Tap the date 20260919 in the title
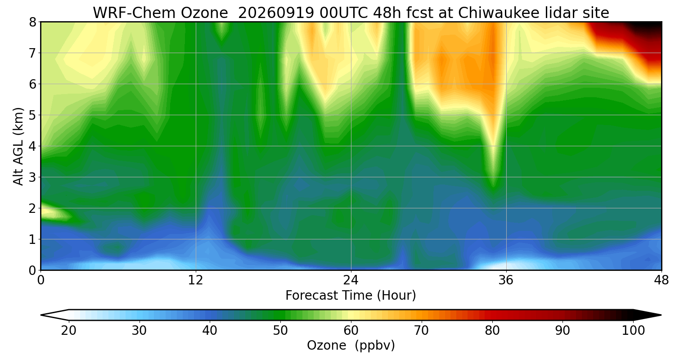pos(276,13)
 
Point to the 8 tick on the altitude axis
pos(32,22)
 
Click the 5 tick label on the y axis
pos(32,115)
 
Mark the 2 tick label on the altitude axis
pos(32,208)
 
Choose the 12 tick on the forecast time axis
pos(196,280)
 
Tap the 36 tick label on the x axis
pos(506,280)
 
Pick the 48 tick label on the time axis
pos(661,280)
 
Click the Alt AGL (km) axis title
pos(18,146)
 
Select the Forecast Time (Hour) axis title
pos(351,295)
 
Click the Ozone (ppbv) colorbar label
pos(351,345)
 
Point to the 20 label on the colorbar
pos(68,330)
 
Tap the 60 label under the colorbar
pos(351,330)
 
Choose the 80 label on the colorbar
pos(492,330)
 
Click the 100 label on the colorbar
pos(633,330)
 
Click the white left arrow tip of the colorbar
pos(41,315)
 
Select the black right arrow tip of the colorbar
pos(661,315)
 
